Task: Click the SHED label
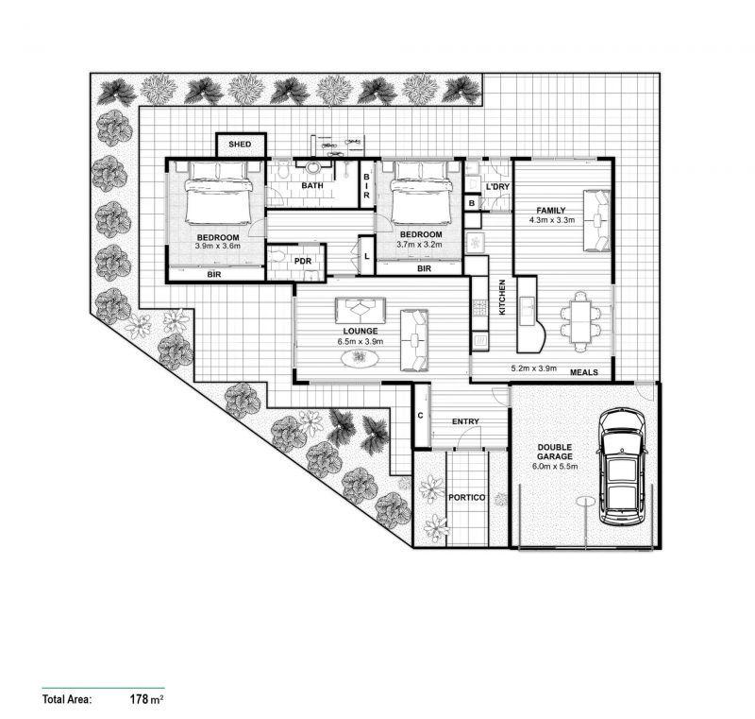(240, 145)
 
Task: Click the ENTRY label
(465, 421)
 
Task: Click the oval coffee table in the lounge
(360, 358)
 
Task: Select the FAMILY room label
(551, 210)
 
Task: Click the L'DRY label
(497, 187)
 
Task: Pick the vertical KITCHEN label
(502, 297)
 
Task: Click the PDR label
(303, 261)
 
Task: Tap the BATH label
(312, 186)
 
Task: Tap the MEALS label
(584, 372)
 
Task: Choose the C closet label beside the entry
(421, 416)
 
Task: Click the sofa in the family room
(597, 220)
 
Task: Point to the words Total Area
(66, 700)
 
